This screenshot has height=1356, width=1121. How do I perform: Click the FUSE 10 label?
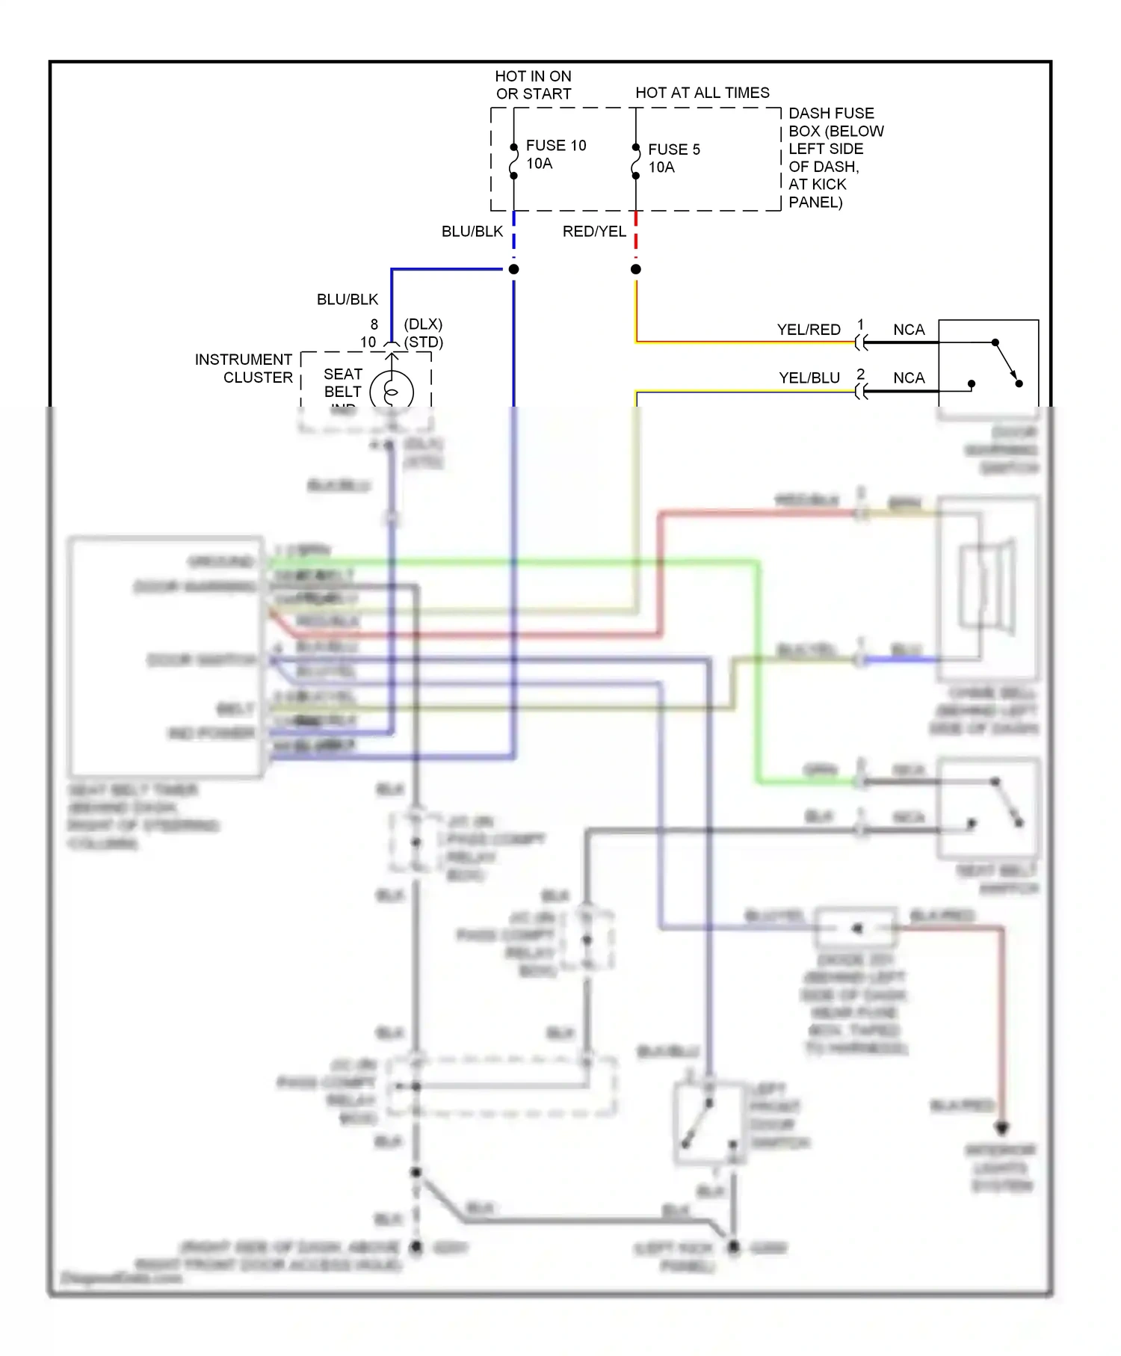pyautogui.click(x=555, y=146)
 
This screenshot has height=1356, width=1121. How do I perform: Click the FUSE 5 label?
pyautogui.click(x=673, y=150)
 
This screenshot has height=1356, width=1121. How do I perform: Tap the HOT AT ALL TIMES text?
pyautogui.click(x=702, y=93)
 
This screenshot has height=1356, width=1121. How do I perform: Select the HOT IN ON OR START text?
pyautogui.click(x=533, y=85)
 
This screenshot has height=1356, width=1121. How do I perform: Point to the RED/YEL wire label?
pyautogui.click(x=594, y=232)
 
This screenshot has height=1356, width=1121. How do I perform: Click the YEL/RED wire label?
pyautogui.click(x=808, y=330)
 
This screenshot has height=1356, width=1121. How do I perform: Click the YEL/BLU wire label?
pyautogui.click(x=809, y=378)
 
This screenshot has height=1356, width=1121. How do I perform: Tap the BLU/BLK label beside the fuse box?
pyautogui.click(x=472, y=232)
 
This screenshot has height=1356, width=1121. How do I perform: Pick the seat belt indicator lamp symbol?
pyautogui.click(x=391, y=392)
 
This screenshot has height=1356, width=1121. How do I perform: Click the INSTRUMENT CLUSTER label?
pyautogui.click(x=244, y=369)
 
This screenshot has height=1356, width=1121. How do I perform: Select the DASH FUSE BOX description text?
pyautogui.click(x=835, y=158)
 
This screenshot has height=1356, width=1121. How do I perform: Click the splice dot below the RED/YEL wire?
pyautogui.click(x=635, y=269)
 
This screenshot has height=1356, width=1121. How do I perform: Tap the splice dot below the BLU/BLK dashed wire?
pyautogui.click(x=513, y=269)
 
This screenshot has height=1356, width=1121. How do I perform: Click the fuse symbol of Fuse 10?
pyautogui.click(x=513, y=161)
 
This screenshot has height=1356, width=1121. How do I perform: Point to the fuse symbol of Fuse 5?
pyautogui.click(x=635, y=162)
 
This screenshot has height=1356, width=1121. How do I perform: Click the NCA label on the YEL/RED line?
pyautogui.click(x=908, y=330)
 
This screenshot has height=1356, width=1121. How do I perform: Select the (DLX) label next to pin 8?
pyautogui.click(x=423, y=324)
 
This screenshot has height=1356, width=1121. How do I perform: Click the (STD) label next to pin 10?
pyautogui.click(x=423, y=342)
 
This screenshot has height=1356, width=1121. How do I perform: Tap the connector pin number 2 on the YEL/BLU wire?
pyautogui.click(x=860, y=373)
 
